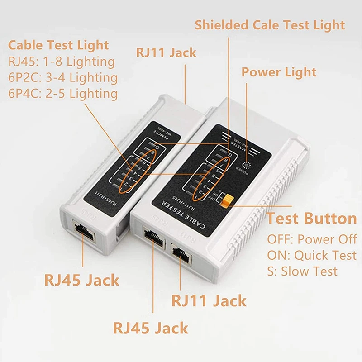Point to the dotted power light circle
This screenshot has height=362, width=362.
coord(246,166)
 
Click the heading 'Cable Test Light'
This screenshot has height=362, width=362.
coord(59,45)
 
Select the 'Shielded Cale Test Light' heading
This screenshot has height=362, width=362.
coord(270,25)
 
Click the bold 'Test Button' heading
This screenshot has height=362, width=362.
coord(311,219)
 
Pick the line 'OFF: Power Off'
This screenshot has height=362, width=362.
coord(312,239)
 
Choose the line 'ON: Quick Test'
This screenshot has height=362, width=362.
coord(312,255)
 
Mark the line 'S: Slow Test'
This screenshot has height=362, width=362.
coord(302,271)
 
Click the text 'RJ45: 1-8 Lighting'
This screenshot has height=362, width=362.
coord(62,61)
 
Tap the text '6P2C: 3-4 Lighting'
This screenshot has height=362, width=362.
coord(63,77)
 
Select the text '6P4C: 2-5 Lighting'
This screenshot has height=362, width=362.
coord(63,94)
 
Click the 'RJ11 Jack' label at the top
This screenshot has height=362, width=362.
coord(166,52)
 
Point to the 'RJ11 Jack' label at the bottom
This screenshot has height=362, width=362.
coord(209,300)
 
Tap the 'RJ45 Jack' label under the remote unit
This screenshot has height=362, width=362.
coord(81,280)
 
